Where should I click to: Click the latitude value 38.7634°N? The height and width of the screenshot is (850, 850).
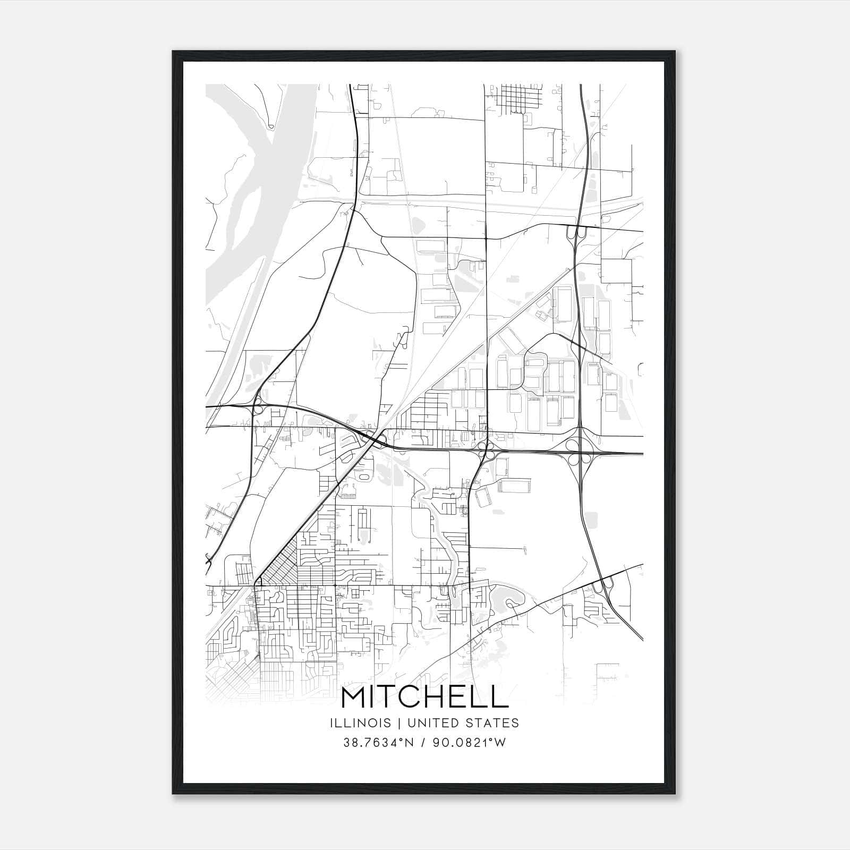(378, 743)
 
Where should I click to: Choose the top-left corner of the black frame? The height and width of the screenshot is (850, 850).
(174, 52)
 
